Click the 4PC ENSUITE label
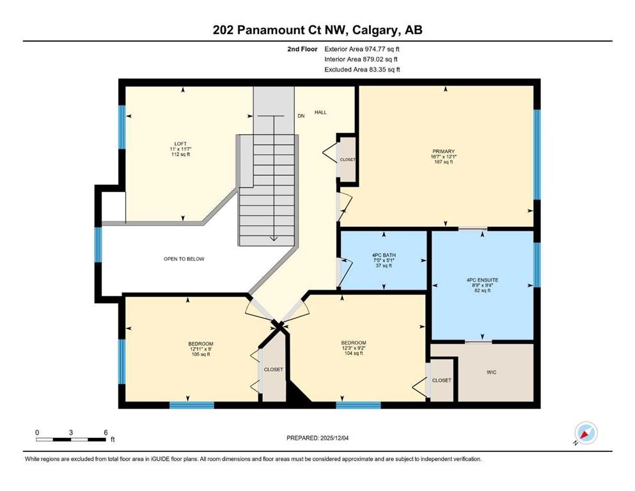[x=483, y=279]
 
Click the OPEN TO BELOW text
[x=184, y=259]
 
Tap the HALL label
[x=320, y=113]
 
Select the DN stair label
[x=301, y=116]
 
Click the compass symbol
[x=586, y=433]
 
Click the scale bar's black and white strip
[x=71, y=439]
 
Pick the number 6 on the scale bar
[x=106, y=432]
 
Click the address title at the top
[x=318, y=30]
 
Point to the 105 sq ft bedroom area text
[x=201, y=354]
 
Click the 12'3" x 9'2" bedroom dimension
[x=354, y=348]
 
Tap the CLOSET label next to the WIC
[x=441, y=380]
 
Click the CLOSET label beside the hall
[x=348, y=159]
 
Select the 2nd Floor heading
[x=302, y=49]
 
